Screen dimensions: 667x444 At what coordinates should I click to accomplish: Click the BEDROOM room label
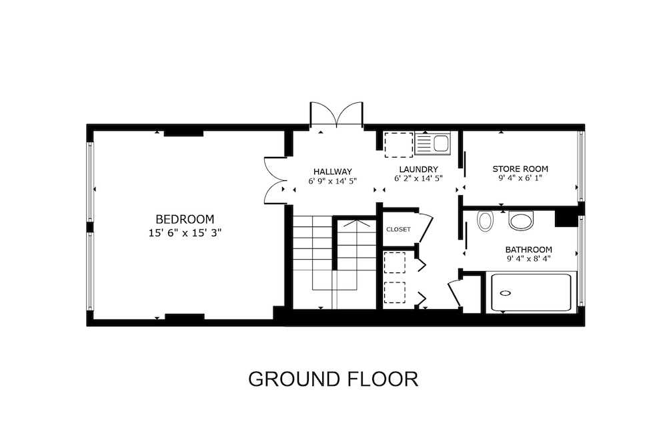click(185, 219)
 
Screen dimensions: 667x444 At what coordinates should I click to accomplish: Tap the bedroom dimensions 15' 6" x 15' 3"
click(185, 233)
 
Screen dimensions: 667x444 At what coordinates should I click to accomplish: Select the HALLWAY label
click(333, 172)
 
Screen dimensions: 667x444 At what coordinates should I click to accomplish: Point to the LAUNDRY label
click(419, 170)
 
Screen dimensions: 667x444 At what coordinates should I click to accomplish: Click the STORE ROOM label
click(520, 168)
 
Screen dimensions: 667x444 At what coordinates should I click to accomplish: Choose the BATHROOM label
click(529, 250)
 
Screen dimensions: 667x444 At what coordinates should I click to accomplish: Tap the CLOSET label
click(399, 230)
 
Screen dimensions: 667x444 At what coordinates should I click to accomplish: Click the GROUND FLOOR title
click(333, 379)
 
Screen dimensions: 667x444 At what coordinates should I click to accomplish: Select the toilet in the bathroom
click(484, 220)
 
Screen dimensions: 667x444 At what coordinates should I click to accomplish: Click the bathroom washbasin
click(521, 220)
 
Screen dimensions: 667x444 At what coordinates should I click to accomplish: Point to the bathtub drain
click(506, 293)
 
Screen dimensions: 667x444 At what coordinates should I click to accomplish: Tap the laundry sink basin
click(442, 143)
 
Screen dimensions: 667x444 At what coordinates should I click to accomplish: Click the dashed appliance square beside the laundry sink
click(399, 145)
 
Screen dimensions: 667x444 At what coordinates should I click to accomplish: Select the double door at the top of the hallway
click(336, 114)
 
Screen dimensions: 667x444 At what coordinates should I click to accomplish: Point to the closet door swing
click(426, 229)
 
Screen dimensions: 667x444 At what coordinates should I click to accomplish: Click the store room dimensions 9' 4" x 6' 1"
click(520, 178)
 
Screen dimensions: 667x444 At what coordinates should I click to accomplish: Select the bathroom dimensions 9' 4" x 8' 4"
click(529, 259)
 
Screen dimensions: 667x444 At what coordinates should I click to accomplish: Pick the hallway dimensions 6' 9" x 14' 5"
click(333, 181)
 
